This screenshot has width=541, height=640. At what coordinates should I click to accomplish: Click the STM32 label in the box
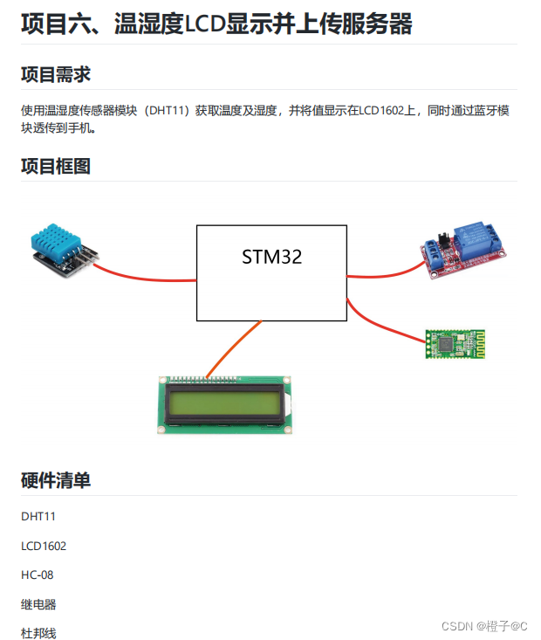click(271, 257)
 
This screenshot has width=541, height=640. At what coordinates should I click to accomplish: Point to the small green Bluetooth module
click(454, 343)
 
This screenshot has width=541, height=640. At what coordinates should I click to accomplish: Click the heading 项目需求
click(56, 74)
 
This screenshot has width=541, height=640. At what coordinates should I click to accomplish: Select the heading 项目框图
click(56, 166)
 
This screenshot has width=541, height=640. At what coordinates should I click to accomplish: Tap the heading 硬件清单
click(56, 480)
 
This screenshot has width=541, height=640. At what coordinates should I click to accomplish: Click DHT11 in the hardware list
click(38, 517)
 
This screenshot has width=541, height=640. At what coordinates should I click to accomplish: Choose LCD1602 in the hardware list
click(44, 547)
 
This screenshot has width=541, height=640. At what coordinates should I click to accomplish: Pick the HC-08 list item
click(38, 575)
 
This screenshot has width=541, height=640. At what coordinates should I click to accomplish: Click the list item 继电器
click(38, 604)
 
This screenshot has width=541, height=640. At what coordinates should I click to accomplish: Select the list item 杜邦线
click(38, 633)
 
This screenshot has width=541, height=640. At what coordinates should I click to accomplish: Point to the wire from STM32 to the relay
click(384, 273)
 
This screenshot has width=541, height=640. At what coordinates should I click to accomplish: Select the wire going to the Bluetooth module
click(384, 324)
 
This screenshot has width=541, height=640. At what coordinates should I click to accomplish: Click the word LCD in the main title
click(204, 24)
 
